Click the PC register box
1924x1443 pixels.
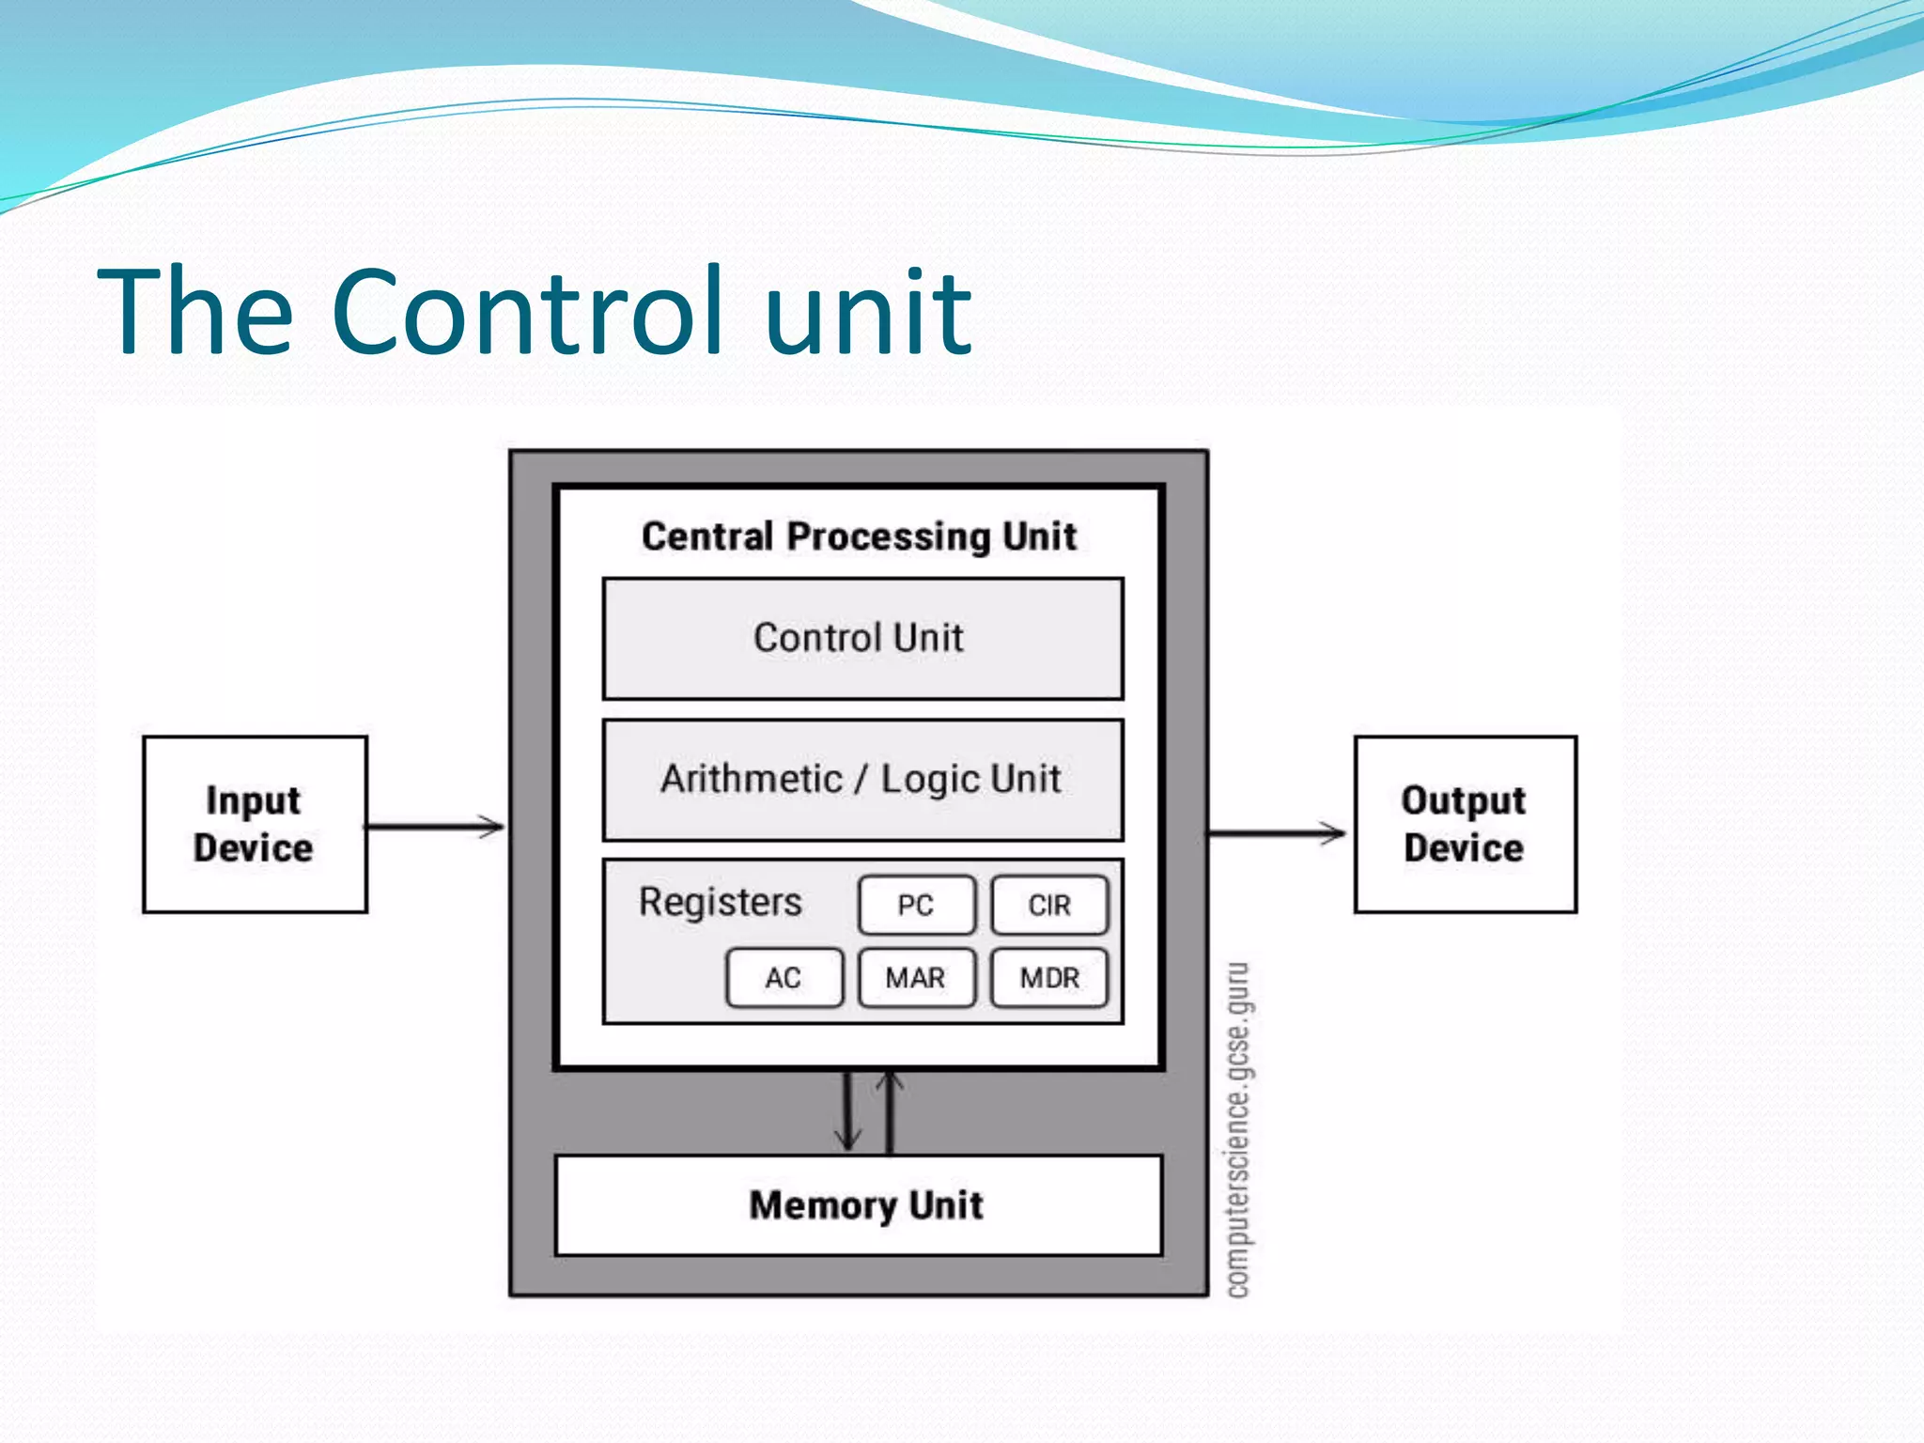click(x=917, y=905)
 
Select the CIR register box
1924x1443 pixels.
click(x=1049, y=905)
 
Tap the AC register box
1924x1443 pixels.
click(x=784, y=978)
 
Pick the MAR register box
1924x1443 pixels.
click(x=916, y=978)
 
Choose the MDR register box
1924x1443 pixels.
click(x=1049, y=978)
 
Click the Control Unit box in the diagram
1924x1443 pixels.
click(x=861, y=639)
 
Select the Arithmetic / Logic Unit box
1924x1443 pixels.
click(x=861, y=780)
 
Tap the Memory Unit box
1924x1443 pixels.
click(x=860, y=1205)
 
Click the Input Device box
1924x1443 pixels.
click(x=255, y=824)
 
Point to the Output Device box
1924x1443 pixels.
click(x=1465, y=824)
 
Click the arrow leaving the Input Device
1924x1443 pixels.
click(x=435, y=827)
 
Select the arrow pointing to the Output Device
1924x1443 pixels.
click(x=1276, y=832)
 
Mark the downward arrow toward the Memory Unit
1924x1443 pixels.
click(x=848, y=1111)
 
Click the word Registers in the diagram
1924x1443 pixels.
click(x=721, y=902)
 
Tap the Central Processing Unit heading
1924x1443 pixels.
click(x=859, y=536)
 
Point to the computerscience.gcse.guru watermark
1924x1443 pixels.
click(x=1239, y=1130)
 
